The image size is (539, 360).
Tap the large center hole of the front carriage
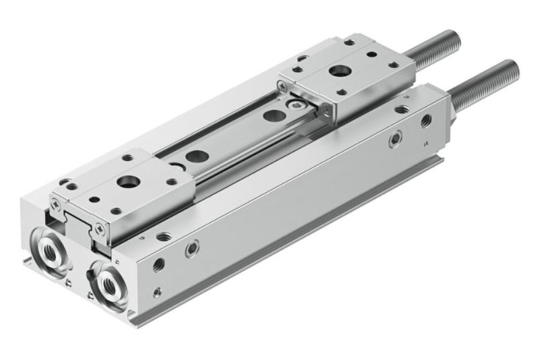pyautogui.click(x=126, y=181)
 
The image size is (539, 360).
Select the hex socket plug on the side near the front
pyautogui.click(x=192, y=249)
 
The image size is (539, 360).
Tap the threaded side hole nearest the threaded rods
pyautogui.click(x=426, y=121)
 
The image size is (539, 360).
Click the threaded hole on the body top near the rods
pyautogui.click(x=402, y=109)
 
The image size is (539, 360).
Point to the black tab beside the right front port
pyautogui.click(x=91, y=276)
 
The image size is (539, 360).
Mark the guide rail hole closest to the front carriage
pyautogui.click(x=197, y=156)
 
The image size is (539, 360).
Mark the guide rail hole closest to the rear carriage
pyautogui.click(x=273, y=115)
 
